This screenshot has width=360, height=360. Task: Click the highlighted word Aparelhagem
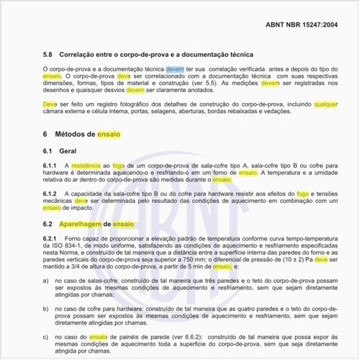pyautogui.click(x=79, y=224)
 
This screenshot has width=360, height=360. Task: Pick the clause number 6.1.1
pyautogui.click(x=50, y=166)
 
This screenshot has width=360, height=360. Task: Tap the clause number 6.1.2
pyautogui.click(x=50, y=194)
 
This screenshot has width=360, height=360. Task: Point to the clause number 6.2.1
pyautogui.click(x=50, y=239)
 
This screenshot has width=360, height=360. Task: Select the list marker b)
pyautogui.click(x=45, y=308)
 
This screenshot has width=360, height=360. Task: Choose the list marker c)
pyautogui.click(x=45, y=336)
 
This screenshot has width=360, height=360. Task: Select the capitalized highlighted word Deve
pyautogui.click(x=50, y=104)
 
